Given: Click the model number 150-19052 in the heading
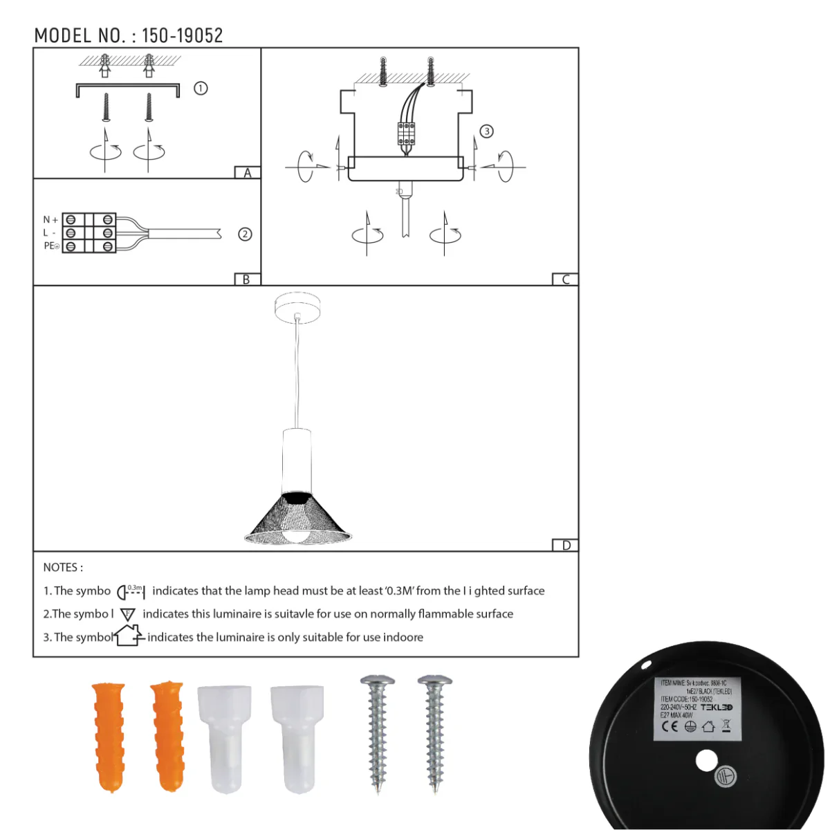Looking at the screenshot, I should pyautogui.click(x=183, y=35).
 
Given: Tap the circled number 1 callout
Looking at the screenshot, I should pyautogui.click(x=201, y=89).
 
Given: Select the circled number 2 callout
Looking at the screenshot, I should pyautogui.click(x=245, y=234).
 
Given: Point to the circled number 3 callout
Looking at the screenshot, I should pyautogui.click(x=487, y=131).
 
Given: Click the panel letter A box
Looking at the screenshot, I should pyautogui.click(x=248, y=173).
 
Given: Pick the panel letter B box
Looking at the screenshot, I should pyautogui.click(x=247, y=279).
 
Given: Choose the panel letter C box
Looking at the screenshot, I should pyautogui.click(x=565, y=279).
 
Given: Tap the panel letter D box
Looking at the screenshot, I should pyautogui.click(x=566, y=546).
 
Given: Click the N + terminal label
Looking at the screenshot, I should pyautogui.click(x=50, y=220).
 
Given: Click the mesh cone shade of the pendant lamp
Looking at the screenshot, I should pyautogui.click(x=297, y=519).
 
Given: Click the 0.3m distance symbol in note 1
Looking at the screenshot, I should pyautogui.click(x=131, y=591).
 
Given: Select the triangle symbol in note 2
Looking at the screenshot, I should pyautogui.click(x=128, y=614).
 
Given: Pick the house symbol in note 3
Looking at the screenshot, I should pyautogui.click(x=129, y=635).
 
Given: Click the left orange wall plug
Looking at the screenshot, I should pyautogui.click(x=109, y=736).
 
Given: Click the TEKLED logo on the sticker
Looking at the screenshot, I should pyautogui.click(x=717, y=708).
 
